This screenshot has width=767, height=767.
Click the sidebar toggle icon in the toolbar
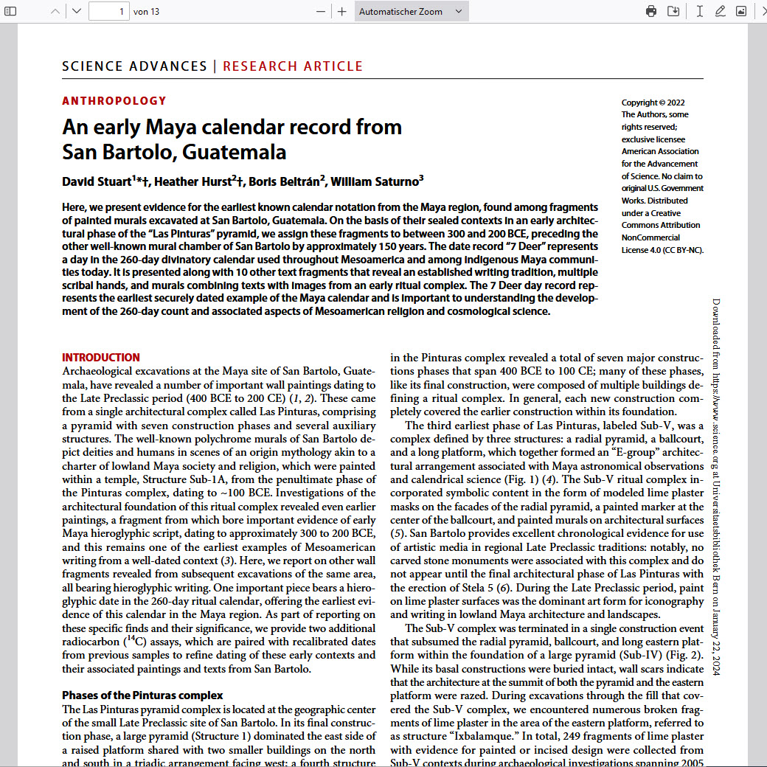click(x=10, y=11)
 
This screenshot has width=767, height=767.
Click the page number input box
click(x=108, y=11)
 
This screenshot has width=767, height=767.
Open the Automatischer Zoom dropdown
click(x=411, y=11)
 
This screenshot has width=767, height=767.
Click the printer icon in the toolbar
click(x=651, y=11)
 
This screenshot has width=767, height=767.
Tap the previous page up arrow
click(x=55, y=11)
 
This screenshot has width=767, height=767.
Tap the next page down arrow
click(x=77, y=11)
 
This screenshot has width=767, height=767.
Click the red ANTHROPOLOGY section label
click(x=114, y=101)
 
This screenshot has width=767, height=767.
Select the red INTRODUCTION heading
click(x=101, y=358)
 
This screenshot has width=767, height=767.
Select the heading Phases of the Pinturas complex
click(x=142, y=695)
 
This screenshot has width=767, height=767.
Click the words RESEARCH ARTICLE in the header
click(x=293, y=66)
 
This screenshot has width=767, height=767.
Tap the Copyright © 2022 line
click(x=653, y=103)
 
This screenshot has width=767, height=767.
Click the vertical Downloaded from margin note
click(x=716, y=487)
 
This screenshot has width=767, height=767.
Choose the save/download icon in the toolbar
click(x=673, y=11)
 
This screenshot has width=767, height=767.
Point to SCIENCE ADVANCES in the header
click(x=134, y=66)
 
